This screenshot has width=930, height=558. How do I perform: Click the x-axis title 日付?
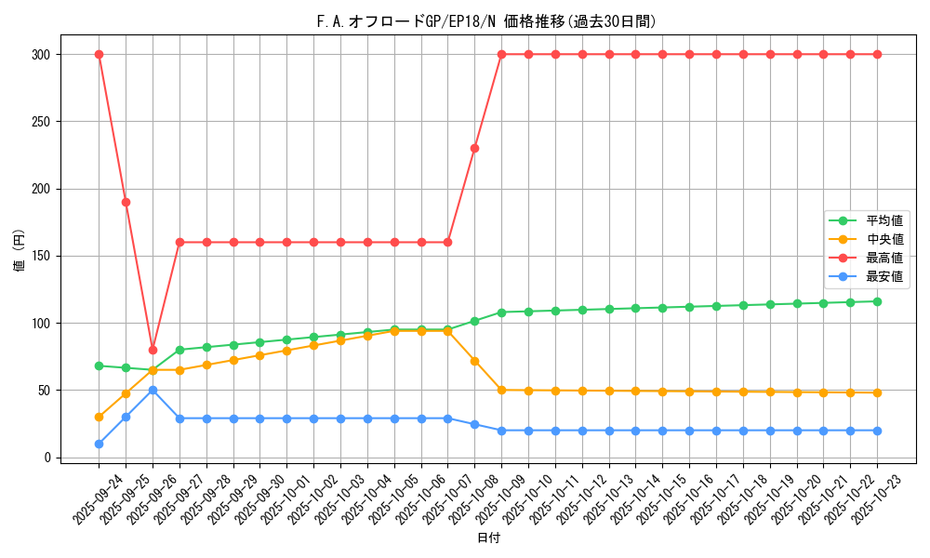pyautogui.click(x=488, y=538)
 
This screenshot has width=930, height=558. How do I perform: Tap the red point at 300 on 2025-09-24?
pyautogui.click(x=99, y=54)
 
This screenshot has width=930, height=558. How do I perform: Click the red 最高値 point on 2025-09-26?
pyautogui.click(x=153, y=350)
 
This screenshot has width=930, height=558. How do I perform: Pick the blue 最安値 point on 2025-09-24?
pyautogui.click(x=99, y=444)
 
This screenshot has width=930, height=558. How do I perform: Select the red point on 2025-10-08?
pyautogui.click(x=474, y=148)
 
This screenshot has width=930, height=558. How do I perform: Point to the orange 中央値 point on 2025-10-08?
pyautogui.click(x=474, y=361)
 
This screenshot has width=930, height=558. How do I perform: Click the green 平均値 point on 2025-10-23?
pyautogui.click(x=877, y=301)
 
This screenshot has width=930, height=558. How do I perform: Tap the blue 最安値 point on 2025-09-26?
pyautogui.click(x=153, y=390)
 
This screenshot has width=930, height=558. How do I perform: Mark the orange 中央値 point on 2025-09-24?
pyautogui.click(x=99, y=417)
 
